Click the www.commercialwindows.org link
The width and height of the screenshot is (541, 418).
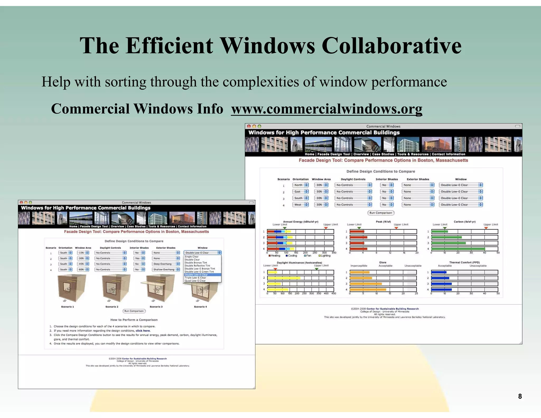(x=327, y=109)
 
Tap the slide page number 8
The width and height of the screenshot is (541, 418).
(x=520, y=396)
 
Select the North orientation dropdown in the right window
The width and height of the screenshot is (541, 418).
(x=300, y=185)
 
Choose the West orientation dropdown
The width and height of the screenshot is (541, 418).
(x=300, y=205)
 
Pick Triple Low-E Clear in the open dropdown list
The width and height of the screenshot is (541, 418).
(x=195, y=278)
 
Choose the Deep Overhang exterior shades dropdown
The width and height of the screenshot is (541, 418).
(x=166, y=264)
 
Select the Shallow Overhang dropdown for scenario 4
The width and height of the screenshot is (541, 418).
(x=166, y=270)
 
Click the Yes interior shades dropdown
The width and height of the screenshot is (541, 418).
(x=139, y=258)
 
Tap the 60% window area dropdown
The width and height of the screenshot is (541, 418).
(x=83, y=270)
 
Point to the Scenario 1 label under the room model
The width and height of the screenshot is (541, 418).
(x=68, y=307)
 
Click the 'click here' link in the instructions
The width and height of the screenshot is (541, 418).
(x=143, y=331)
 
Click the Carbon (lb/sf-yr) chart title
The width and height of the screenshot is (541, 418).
(x=464, y=222)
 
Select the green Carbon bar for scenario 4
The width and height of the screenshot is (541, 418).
(x=458, y=249)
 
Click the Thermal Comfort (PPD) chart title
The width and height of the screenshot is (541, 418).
(x=464, y=262)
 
